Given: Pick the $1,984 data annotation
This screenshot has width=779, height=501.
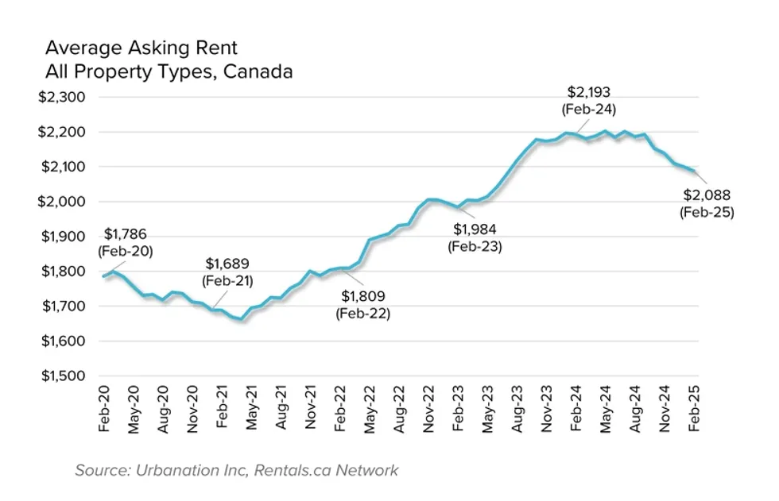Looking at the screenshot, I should pyautogui.click(x=475, y=229).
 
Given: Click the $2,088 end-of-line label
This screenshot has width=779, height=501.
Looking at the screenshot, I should pyautogui.click(x=707, y=195).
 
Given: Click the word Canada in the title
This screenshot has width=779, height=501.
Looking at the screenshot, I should pyautogui.click(x=258, y=71).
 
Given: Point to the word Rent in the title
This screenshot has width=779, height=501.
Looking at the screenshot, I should pyautogui.click(x=218, y=49).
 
